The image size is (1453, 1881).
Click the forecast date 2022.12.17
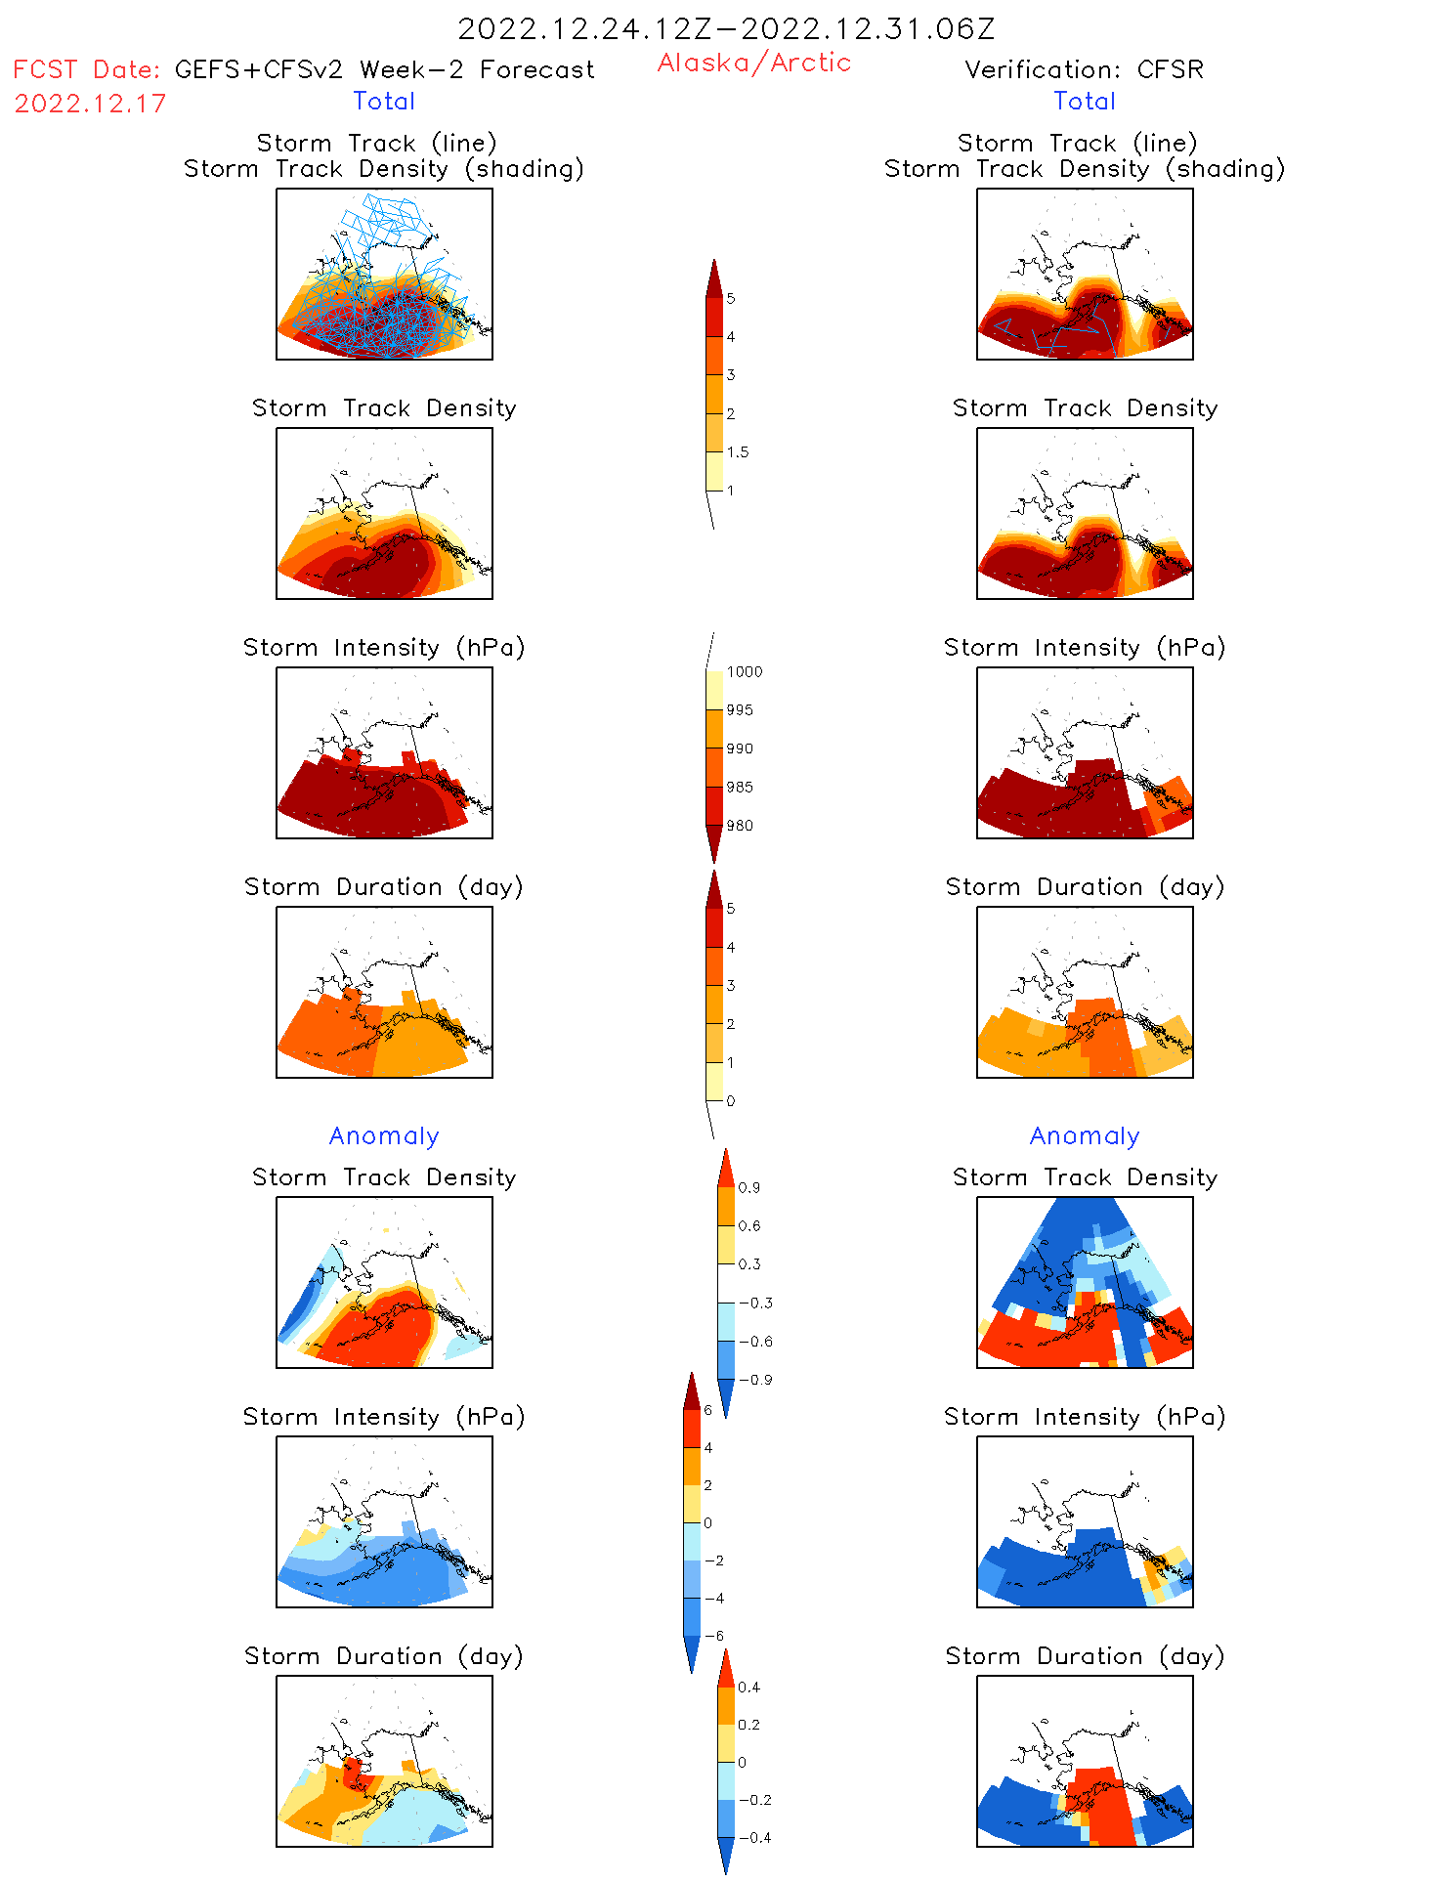pyautogui.click(x=90, y=104)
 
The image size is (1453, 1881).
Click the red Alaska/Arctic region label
pyautogui.click(x=753, y=64)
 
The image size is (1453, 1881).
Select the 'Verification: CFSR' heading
pyautogui.click(x=1084, y=69)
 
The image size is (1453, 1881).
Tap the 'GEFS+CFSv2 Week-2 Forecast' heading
pyautogui.click(x=384, y=69)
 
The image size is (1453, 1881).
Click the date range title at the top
pyautogui.click(x=726, y=29)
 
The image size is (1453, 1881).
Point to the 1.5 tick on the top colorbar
pyautogui.click(x=738, y=452)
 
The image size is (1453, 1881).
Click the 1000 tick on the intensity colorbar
pyautogui.click(x=744, y=672)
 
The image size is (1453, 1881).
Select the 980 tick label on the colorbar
pyautogui.click(x=740, y=826)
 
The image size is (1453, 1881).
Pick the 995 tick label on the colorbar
pyautogui.click(x=740, y=710)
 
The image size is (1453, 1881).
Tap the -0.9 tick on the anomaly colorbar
pyautogui.click(x=755, y=1380)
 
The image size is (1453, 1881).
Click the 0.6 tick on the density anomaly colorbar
pyautogui.click(x=749, y=1226)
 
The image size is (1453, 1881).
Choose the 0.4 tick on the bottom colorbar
pyautogui.click(x=749, y=1688)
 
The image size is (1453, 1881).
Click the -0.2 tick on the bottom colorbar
pyautogui.click(x=753, y=1800)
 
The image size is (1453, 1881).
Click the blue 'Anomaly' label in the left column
pyautogui.click(x=384, y=1136)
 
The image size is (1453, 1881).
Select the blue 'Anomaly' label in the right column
pyautogui.click(x=1085, y=1136)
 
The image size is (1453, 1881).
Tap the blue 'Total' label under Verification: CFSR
pyautogui.click(x=1085, y=102)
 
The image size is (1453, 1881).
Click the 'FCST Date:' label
pyautogui.click(x=87, y=70)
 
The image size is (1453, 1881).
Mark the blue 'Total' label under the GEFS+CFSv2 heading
pyautogui.click(x=384, y=102)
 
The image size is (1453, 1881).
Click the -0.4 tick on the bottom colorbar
pyautogui.click(x=753, y=1838)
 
